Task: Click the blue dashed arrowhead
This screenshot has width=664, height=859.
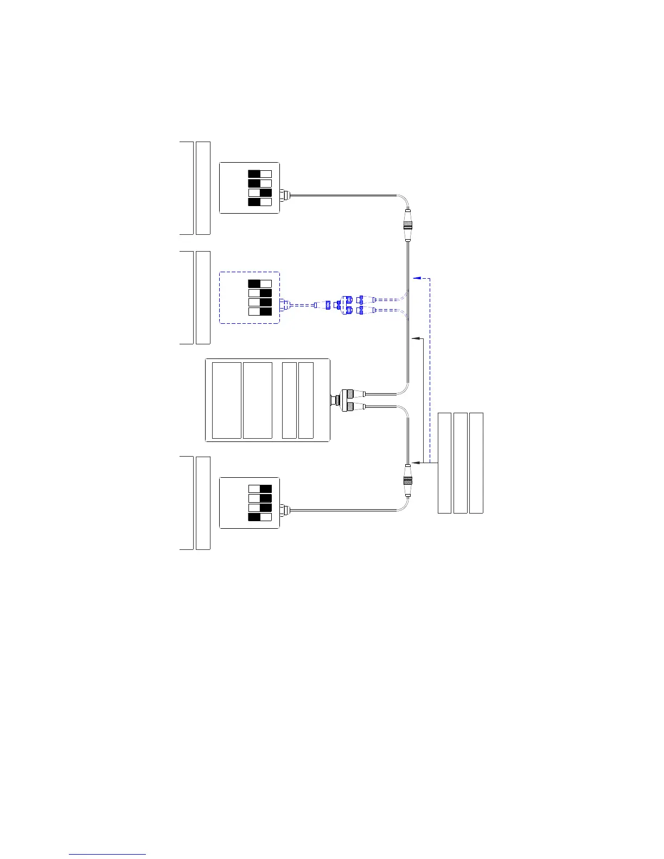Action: [416, 278]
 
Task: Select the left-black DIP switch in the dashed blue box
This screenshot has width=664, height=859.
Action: [260, 283]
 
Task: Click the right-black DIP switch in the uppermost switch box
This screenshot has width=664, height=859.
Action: [260, 193]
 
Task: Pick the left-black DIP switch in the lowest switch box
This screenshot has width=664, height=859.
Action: [260, 517]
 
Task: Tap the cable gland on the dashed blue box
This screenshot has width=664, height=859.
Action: [284, 304]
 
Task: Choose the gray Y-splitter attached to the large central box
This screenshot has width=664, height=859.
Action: [344, 400]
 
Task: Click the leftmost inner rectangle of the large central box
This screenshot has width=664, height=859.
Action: [226, 400]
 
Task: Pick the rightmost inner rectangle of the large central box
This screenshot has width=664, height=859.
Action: [306, 400]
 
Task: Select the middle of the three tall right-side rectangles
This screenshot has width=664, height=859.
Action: [460, 463]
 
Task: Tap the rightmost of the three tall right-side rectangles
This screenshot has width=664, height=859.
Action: [476, 463]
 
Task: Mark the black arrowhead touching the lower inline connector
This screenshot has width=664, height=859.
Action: [416, 463]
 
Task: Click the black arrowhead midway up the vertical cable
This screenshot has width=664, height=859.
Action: [416, 338]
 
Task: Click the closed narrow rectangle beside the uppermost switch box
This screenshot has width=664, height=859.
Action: [203, 188]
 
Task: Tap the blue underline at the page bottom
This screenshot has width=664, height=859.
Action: [107, 854]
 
